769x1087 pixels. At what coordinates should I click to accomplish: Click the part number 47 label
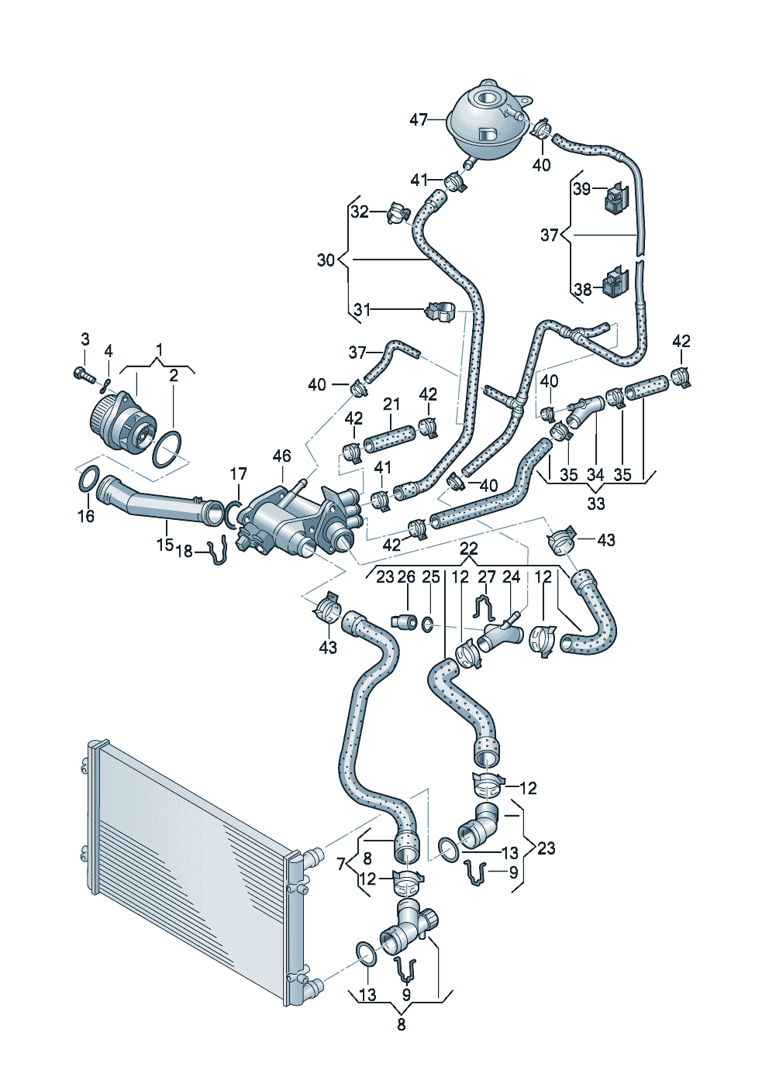(419, 120)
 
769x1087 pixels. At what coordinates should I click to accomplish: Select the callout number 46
(281, 456)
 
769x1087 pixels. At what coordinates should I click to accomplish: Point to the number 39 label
(581, 189)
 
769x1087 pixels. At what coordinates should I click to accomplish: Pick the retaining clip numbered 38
(616, 281)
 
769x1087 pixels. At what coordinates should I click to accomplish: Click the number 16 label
(86, 516)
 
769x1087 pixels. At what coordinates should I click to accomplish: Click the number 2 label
(174, 376)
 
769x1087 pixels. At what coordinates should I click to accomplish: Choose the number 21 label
(391, 404)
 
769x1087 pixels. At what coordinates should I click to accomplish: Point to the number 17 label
(238, 473)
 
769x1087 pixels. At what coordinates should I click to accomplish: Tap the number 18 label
(184, 551)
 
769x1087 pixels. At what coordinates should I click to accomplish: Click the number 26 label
(406, 577)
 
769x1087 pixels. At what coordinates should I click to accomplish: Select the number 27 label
(486, 577)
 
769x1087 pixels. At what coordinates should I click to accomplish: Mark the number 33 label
(596, 504)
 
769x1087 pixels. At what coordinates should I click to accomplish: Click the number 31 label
(361, 310)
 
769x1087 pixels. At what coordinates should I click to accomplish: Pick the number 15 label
(164, 545)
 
